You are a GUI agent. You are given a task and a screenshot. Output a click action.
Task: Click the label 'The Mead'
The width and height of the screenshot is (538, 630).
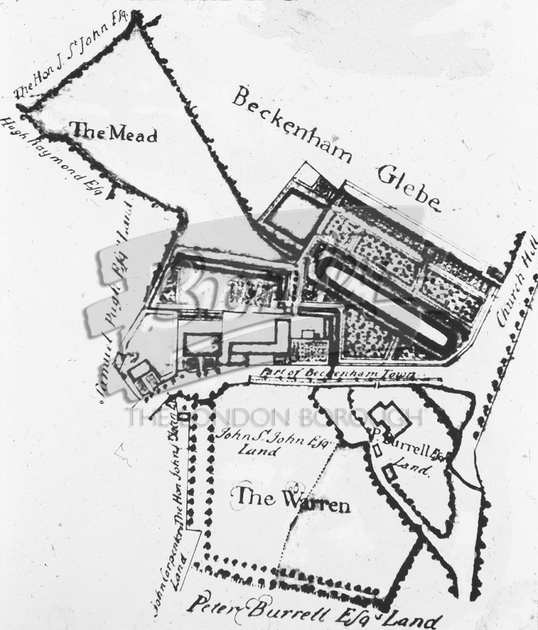113,132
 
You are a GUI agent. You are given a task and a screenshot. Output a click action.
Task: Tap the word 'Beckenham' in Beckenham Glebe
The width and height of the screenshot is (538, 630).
292,123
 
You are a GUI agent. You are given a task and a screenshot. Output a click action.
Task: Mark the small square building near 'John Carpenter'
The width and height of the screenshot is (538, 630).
183,417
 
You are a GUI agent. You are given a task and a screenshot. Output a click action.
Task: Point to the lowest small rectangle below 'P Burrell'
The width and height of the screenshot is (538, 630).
389,473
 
